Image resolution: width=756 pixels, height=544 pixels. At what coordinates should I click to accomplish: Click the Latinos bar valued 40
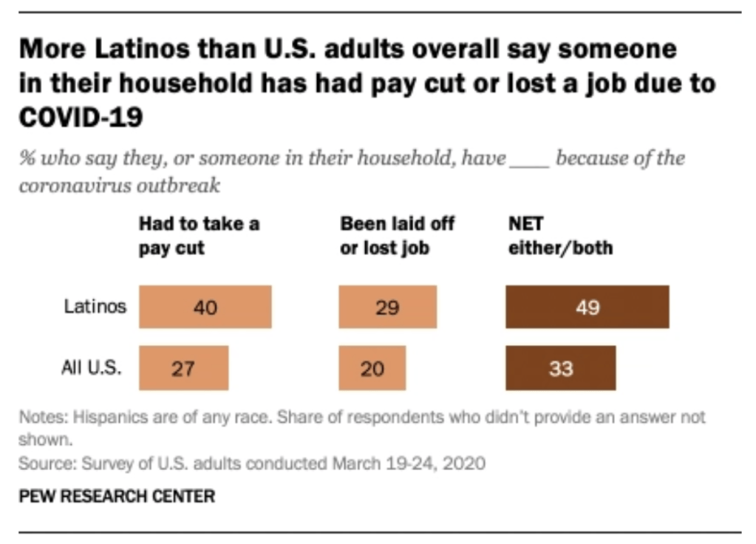205,307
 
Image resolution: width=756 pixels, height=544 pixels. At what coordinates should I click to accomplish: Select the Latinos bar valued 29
387,307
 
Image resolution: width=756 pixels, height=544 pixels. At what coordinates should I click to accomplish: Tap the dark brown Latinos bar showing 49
587,307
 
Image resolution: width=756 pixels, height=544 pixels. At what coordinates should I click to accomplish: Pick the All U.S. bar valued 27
183,367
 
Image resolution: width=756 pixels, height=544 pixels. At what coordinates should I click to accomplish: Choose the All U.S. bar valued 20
372,367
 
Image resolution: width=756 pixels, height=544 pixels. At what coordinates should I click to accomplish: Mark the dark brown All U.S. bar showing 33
560,367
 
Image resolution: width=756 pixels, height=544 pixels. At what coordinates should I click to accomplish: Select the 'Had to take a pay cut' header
199,235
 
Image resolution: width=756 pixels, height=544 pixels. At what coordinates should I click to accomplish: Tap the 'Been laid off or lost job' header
397,235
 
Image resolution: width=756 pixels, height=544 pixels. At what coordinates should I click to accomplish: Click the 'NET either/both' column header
559,235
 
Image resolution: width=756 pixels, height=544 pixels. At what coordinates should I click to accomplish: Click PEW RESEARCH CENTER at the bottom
117,495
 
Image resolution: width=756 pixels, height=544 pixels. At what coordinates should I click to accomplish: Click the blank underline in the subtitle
530,159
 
